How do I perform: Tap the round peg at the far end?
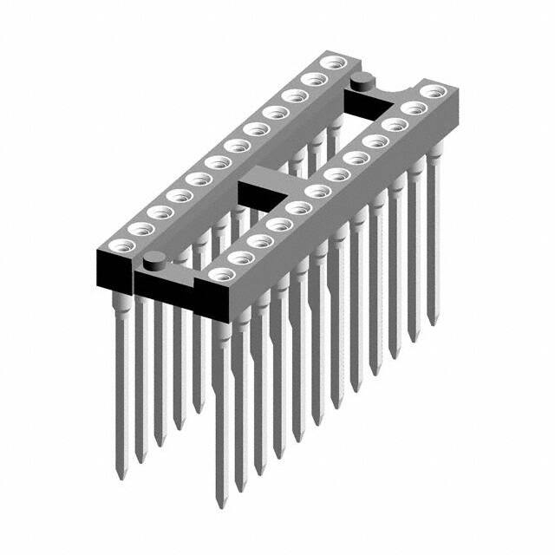(362, 82)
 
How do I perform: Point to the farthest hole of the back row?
(330, 63)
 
